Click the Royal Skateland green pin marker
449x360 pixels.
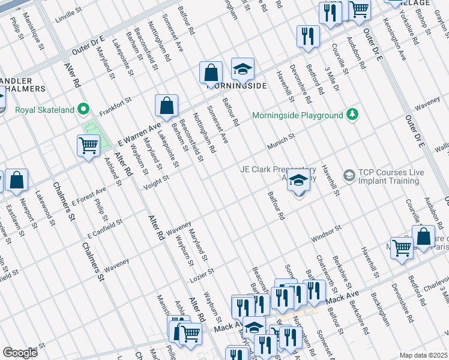pos(83,110)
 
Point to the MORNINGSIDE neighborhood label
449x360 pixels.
pos(237,86)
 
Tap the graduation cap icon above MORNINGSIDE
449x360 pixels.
pos(243,71)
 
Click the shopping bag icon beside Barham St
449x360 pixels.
pos(166,106)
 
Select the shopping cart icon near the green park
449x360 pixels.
pos(88,146)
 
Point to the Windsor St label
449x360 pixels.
pos(325,235)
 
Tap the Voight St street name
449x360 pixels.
pos(156,182)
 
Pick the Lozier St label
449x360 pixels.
pos(202,272)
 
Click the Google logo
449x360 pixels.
pos(20,353)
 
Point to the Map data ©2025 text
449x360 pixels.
pos(423,355)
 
